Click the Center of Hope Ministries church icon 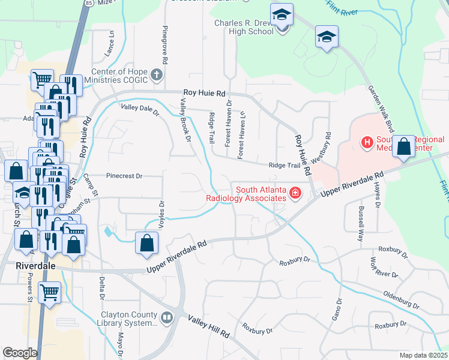click(157, 75)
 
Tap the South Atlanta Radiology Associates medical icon click(295, 193)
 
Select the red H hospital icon click(366, 142)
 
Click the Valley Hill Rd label click(208, 328)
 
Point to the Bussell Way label click(361, 224)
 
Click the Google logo click(20, 353)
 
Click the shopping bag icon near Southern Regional click(404, 146)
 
